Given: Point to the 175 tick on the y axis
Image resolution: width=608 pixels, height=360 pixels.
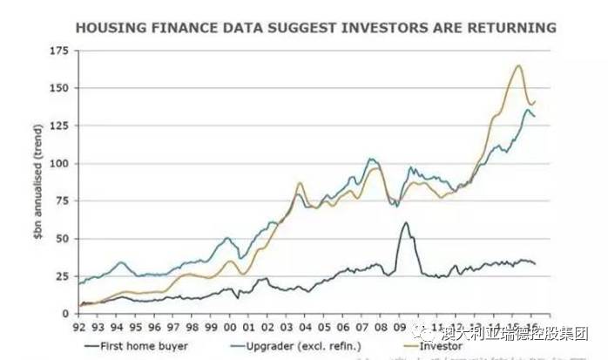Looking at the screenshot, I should click(57, 51).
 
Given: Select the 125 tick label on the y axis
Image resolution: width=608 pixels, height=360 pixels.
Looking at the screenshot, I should click(57, 126).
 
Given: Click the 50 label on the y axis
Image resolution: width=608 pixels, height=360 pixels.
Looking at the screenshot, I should click(61, 239).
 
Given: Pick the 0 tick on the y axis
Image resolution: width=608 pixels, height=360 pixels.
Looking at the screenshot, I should click(64, 314).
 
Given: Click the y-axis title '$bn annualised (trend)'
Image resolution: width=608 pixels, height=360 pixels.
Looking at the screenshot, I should click(39, 182).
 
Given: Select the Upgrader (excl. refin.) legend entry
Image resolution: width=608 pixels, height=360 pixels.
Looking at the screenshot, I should click(282, 346).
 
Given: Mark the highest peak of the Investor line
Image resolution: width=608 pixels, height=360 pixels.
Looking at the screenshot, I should click(518, 66).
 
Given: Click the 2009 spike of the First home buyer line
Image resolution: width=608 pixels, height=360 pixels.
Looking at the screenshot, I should click(405, 223).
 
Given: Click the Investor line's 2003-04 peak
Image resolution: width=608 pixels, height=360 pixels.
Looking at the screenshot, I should click(299, 183).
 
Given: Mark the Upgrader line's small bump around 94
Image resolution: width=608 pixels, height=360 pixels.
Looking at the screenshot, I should click(121, 262).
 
